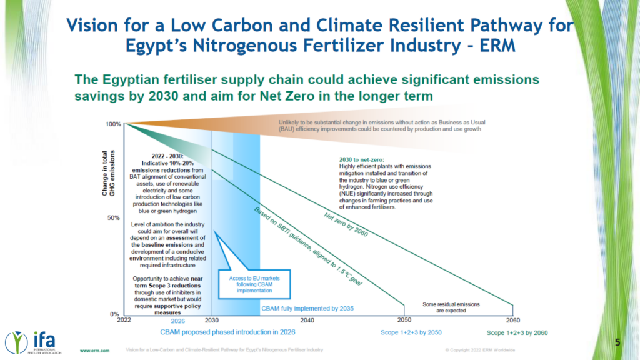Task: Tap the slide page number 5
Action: click(x=617, y=342)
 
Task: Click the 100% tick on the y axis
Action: click(x=113, y=124)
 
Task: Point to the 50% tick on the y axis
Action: click(x=115, y=218)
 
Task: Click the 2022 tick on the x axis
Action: click(x=123, y=320)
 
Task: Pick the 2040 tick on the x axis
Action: click(x=306, y=320)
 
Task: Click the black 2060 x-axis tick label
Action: click(x=512, y=320)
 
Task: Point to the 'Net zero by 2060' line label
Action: click(x=346, y=224)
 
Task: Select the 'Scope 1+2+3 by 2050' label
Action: click(x=411, y=332)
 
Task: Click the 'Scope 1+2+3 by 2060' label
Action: click(x=517, y=332)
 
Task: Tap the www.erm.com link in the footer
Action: click(x=94, y=350)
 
